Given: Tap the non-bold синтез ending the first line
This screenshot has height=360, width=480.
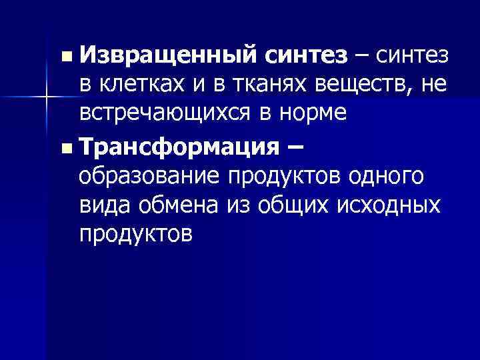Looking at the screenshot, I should pyautogui.click(x=415, y=58).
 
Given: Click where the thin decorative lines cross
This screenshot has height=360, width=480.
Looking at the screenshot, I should pyautogui.click(x=45, y=98).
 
